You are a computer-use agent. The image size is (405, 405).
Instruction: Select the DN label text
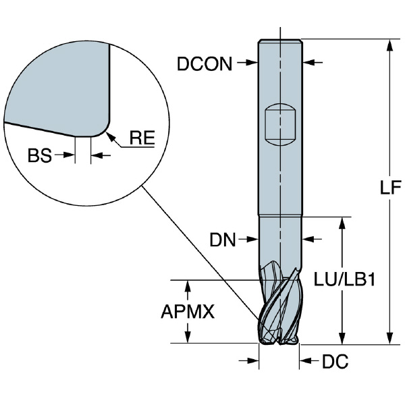(222, 239)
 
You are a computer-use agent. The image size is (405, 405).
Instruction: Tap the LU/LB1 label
(344, 279)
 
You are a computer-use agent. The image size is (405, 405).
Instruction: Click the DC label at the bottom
(335, 362)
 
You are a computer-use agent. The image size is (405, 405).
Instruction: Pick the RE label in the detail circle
(142, 139)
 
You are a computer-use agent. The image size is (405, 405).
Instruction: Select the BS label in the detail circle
(40, 156)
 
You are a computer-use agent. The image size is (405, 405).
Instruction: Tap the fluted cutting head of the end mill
(279, 307)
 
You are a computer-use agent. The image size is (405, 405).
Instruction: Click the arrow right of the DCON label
(248, 63)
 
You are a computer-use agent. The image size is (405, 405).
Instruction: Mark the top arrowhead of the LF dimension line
(389, 45)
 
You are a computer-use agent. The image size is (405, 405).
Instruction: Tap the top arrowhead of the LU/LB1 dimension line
(344, 222)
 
